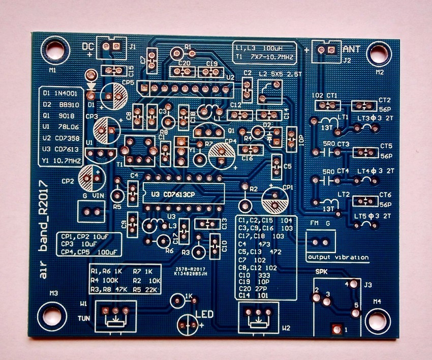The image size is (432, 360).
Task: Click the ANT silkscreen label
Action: (x=353, y=49)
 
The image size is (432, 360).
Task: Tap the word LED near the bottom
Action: (x=203, y=314)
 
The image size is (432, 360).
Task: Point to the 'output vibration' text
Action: (x=338, y=257)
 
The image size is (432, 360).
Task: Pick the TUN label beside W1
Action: (x=83, y=318)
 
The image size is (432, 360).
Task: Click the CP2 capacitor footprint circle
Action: (x=94, y=177)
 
